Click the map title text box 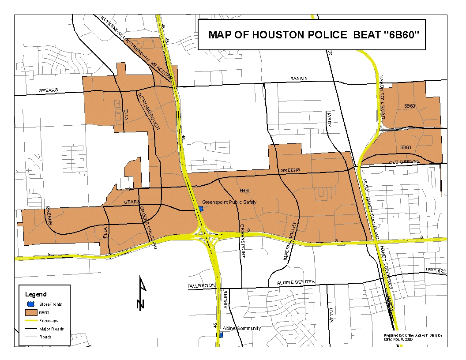tap(311, 35)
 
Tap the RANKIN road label tap(299, 79)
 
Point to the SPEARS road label tap(48, 90)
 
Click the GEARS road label tap(132, 202)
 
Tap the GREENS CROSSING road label tap(148, 228)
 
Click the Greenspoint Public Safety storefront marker tap(201, 208)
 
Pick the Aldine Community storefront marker tap(221, 335)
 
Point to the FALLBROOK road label tap(201, 286)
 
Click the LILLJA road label tap(331, 315)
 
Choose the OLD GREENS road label tap(404, 162)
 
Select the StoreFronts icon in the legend tap(31, 304)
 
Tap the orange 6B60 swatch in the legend tap(31, 312)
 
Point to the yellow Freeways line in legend tap(31, 321)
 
